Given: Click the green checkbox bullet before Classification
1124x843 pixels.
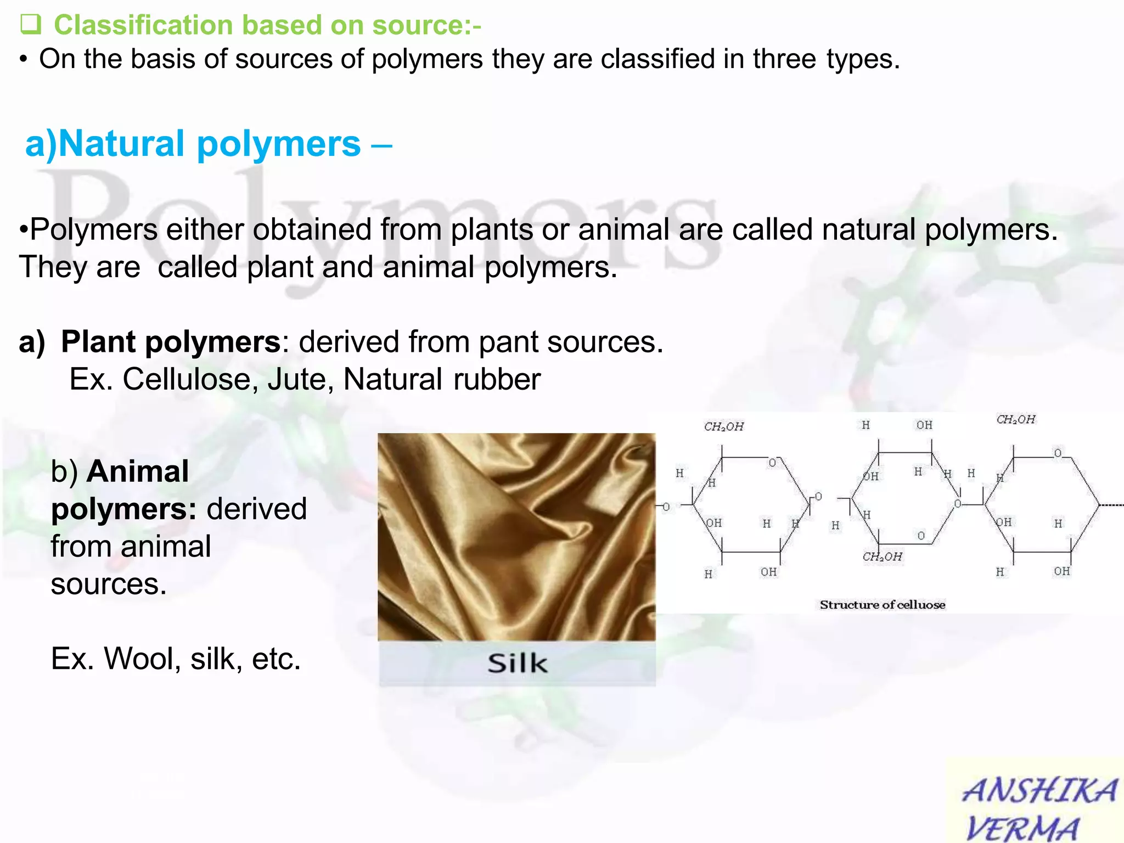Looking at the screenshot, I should pyautogui.click(x=30, y=25).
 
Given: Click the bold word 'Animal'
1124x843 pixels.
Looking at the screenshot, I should pyautogui.click(x=138, y=471).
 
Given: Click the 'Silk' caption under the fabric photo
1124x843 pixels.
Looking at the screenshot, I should pyautogui.click(x=517, y=664).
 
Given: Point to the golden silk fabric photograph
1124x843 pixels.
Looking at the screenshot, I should pyautogui.click(x=516, y=537).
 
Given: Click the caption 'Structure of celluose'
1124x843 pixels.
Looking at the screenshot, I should pyautogui.click(x=882, y=605).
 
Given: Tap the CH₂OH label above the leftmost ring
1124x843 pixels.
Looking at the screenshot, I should pyautogui.click(x=723, y=426).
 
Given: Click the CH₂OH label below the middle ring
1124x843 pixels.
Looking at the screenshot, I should pyautogui.click(x=882, y=557).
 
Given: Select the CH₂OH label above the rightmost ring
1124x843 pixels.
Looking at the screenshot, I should pyautogui.click(x=1015, y=420).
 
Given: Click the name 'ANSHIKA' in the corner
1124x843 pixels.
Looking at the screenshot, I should pyautogui.click(x=1039, y=791).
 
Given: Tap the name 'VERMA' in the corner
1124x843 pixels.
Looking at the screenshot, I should pyautogui.click(x=1022, y=828).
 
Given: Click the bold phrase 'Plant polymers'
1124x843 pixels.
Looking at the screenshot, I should pyautogui.click(x=171, y=342).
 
